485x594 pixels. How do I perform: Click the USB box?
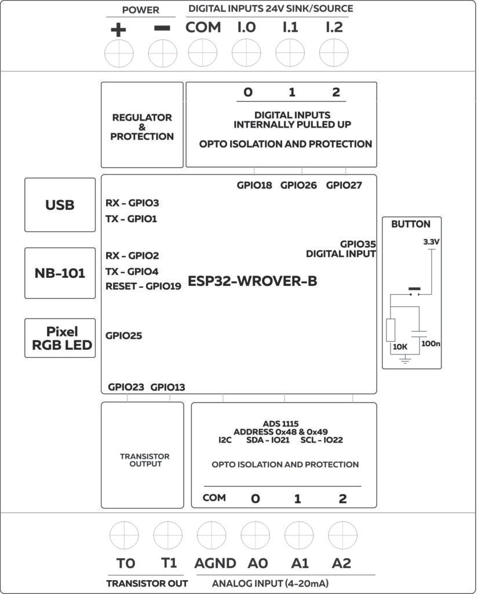60,205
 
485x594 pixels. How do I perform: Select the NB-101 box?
60,273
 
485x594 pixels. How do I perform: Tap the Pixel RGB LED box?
60,338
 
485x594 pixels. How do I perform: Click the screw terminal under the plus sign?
119,55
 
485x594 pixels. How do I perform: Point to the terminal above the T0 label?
125,535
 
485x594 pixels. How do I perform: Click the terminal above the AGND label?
211,535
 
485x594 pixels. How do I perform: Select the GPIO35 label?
358,244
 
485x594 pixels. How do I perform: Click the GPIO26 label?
298,186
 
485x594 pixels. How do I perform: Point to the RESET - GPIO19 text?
143,286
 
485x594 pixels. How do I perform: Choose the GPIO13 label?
168,387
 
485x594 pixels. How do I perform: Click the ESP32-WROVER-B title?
252,281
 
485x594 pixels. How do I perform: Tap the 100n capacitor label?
431,343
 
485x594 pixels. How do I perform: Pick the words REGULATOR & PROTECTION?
142,127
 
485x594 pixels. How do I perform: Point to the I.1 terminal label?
290,27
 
